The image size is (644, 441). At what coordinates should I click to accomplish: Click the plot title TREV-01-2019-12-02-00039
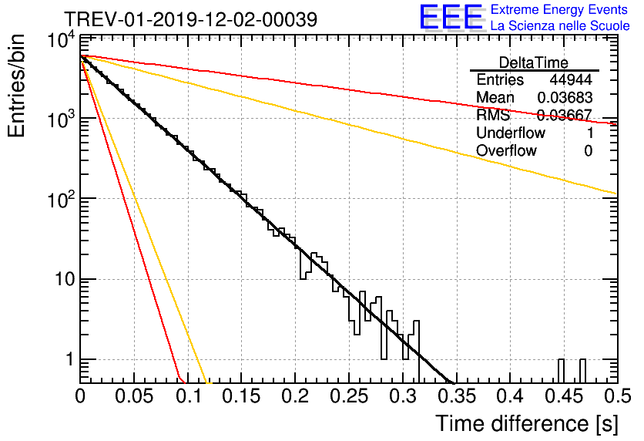pyautogui.click(x=191, y=19)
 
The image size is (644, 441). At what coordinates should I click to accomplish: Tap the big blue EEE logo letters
pyautogui.click(x=451, y=18)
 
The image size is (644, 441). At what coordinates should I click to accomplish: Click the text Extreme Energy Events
pyautogui.click(x=559, y=9)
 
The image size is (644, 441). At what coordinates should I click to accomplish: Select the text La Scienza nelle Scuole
pyautogui.click(x=560, y=25)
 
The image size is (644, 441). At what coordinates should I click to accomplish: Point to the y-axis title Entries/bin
pyautogui.click(x=16, y=86)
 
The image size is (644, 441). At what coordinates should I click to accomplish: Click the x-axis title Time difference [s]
pyautogui.click(x=527, y=424)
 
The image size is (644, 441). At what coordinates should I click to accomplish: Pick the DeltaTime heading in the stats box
pyautogui.click(x=534, y=62)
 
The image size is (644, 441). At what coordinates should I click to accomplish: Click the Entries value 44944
pyautogui.click(x=571, y=79)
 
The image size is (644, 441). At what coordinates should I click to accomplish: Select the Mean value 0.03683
pyautogui.click(x=565, y=97)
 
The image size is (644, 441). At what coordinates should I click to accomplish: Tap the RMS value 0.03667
pyautogui.click(x=564, y=115)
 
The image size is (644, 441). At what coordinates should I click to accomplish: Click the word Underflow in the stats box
pyautogui.click(x=511, y=133)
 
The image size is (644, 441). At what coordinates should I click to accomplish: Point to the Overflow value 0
pyautogui.click(x=588, y=151)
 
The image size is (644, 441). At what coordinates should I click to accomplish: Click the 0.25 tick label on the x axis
pyautogui.click(x=349, y=396)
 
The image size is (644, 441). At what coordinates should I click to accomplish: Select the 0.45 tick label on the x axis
pyautogui.click(x=565, y=396)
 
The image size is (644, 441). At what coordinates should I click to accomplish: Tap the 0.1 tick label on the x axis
pyautogui.click(x=188, y=396)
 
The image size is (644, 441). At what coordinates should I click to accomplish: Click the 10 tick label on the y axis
pyautogui.click(x=65, y=279)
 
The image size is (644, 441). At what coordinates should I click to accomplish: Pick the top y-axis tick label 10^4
pyautogui.click(x=62, y=40)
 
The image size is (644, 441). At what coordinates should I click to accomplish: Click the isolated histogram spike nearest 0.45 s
pyautogui.click(x=561, y=371)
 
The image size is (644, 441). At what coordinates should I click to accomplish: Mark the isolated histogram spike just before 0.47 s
pyautogui.click(x=582, y=371)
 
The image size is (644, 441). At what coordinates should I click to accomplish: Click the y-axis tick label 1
pyautogui.click(x=70, y=359)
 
